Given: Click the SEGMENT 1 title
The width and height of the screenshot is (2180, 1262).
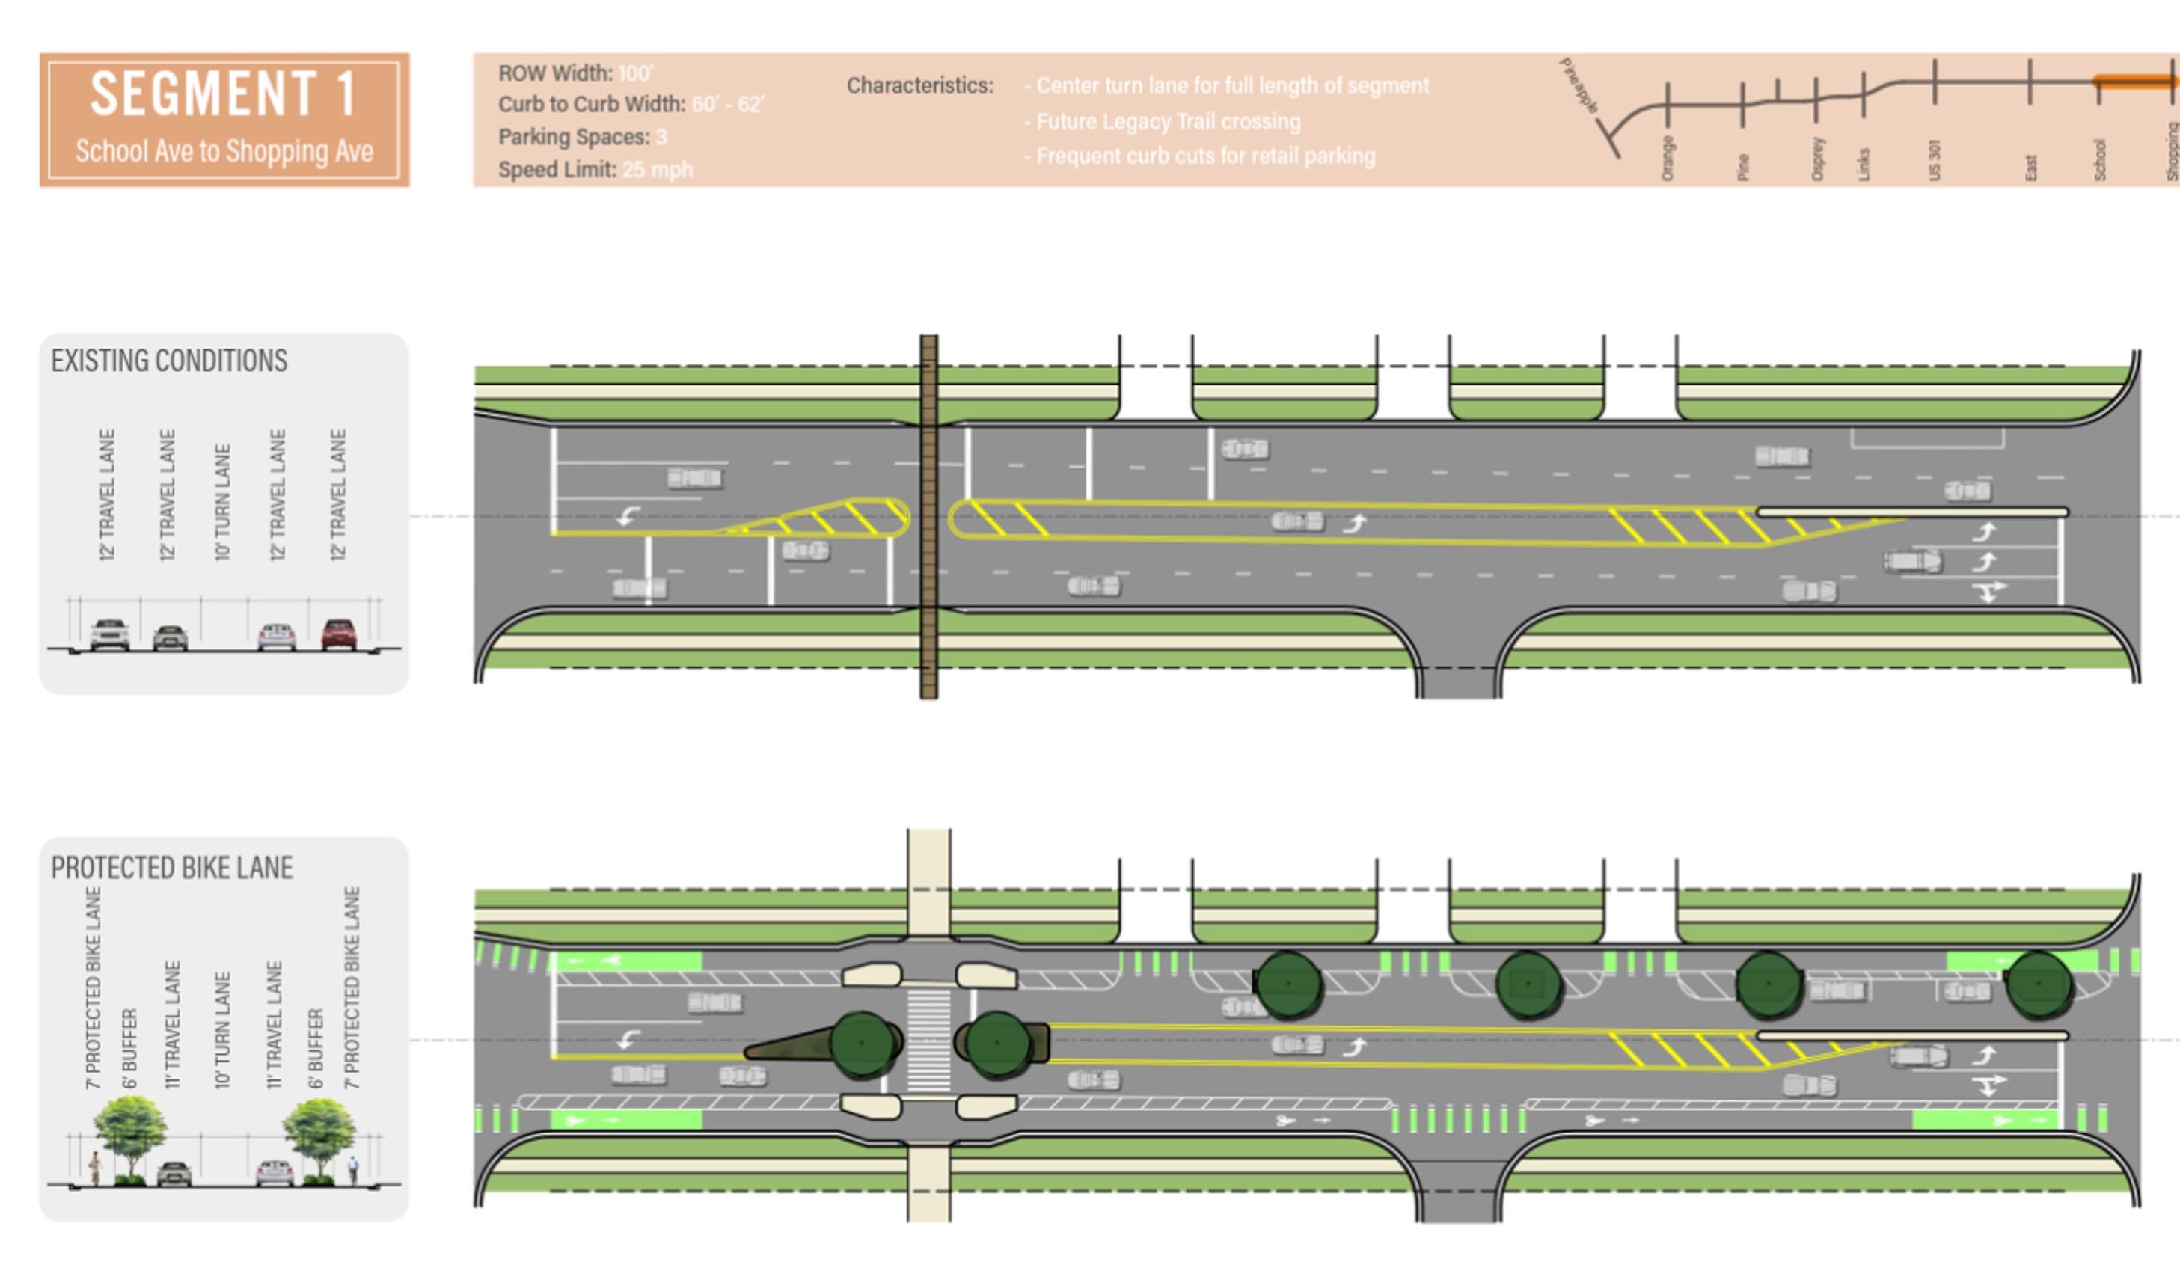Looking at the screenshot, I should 223,94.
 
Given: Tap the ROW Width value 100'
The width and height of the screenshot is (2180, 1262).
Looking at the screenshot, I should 636,73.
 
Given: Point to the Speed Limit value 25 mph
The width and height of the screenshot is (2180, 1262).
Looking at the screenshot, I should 658,170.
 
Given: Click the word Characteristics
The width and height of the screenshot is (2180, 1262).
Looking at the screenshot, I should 919,85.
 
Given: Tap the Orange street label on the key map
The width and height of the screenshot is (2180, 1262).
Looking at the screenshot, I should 1667,159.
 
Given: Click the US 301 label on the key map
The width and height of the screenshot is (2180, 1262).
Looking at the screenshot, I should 1935,160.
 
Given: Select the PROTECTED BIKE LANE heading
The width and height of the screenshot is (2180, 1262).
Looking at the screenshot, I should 172,868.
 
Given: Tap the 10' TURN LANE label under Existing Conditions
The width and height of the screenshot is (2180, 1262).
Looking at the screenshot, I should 222,503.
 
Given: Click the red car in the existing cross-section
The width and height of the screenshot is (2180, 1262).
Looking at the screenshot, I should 339,634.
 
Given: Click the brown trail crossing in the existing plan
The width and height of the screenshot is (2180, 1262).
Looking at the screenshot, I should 928,517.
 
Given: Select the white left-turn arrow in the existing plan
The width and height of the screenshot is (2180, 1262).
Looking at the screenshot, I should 628,516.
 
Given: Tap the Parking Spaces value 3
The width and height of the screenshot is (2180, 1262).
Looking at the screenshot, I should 661,138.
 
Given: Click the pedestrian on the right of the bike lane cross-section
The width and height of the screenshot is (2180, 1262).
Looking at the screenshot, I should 353,1170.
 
